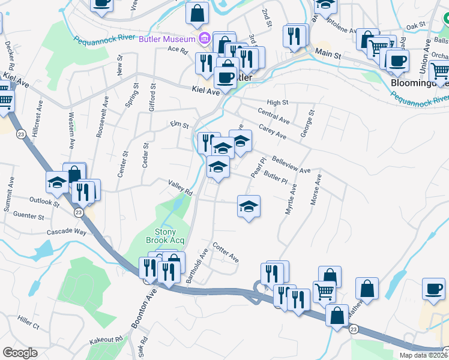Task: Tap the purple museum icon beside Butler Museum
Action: (x=203, y=39)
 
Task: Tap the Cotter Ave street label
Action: (x=226, y=252)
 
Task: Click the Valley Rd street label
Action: (x=180, y=188)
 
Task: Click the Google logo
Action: (x=20, y=352)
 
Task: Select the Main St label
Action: (x=330, y=55)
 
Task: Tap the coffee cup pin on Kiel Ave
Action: (x=226, y=77)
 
